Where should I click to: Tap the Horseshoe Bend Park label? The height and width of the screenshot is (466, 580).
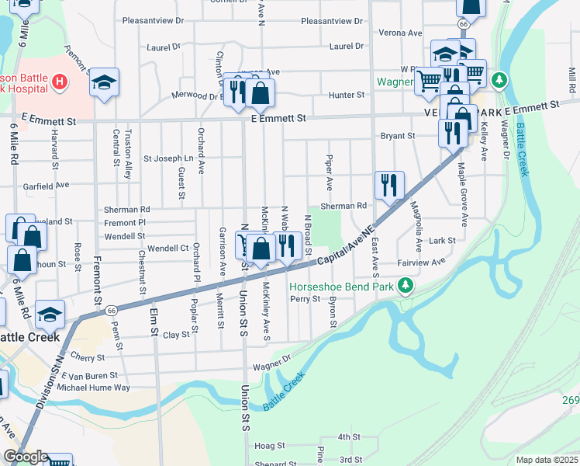[x=341, y=286]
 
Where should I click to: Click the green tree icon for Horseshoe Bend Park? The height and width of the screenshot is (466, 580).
[x=404, y=287]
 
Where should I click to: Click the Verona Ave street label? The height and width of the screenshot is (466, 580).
[x=400, y=33]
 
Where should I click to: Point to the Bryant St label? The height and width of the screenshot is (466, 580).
[x=398, y=136]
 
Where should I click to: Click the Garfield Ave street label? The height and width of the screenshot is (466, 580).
[x=46, y=186]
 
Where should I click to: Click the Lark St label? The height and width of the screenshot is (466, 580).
[x=443, y=242]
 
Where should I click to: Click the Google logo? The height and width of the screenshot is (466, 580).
[x=25, y=456]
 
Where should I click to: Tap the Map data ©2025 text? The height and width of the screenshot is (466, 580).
[x=546, y=460]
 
